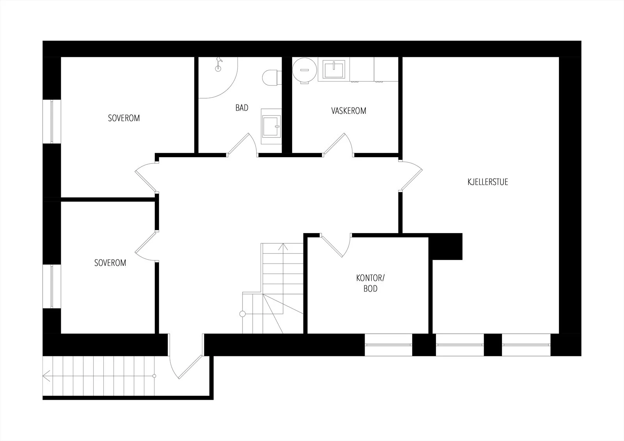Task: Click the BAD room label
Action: point(242,108)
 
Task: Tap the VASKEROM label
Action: point(349,111)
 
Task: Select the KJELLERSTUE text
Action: point(488,182)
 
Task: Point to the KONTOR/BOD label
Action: point(370,283)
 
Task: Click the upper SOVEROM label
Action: point(124,118)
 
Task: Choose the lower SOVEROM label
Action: point(110,263)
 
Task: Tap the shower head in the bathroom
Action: point(218,64)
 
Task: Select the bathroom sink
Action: point(271,126)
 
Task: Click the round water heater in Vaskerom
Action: point(305,70)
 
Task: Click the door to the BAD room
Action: point(242,144)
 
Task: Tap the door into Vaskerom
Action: point(338,144)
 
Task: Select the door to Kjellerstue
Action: point(411,176)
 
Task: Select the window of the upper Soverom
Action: point(52,122)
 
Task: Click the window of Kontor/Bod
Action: point(388,345)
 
